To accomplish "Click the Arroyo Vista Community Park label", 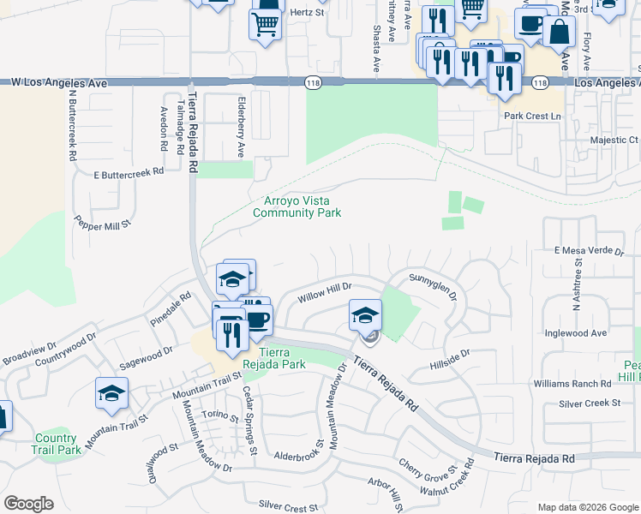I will (x=297, y=206).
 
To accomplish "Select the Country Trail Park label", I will (x=57, y=444).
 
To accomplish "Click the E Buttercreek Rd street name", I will (x=129, y=173).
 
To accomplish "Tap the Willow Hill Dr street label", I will (x=325, y=295).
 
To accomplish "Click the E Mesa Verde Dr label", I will (x=589, y=250).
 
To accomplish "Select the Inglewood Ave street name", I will (x=576, y=332).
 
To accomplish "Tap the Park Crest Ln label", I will (x=531, y=116).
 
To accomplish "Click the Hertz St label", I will (x=309, y=13).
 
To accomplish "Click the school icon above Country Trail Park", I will (x=111, y=394).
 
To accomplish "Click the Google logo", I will (x=28, y=504).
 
